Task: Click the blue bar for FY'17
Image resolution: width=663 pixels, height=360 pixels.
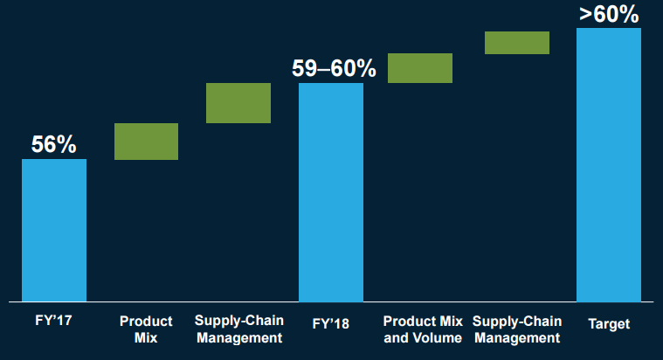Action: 54,230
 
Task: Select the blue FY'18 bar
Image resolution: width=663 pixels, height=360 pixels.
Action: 331,192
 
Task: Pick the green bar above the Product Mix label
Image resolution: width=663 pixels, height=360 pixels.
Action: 147,142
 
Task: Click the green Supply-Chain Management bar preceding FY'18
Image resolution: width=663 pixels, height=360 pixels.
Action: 238,103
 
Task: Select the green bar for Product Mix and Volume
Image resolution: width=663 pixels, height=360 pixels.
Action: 420,68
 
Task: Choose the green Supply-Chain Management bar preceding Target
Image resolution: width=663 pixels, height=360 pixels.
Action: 517,43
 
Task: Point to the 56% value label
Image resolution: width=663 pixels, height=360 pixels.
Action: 54,144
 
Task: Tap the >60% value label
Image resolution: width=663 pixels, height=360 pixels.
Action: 610,14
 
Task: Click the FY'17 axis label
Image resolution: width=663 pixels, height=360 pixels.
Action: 53,323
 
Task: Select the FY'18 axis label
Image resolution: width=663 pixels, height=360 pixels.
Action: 331,323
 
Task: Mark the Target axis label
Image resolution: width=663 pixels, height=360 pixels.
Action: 609,323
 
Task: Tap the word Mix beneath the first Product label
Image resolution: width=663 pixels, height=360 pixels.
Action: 146,337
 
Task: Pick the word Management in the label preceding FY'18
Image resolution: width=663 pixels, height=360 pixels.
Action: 238,337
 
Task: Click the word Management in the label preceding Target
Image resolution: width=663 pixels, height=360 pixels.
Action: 516,337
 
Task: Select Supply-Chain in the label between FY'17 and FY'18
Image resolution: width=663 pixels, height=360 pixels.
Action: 238,321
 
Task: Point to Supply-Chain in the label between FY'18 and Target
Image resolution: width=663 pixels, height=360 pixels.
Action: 516,321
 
